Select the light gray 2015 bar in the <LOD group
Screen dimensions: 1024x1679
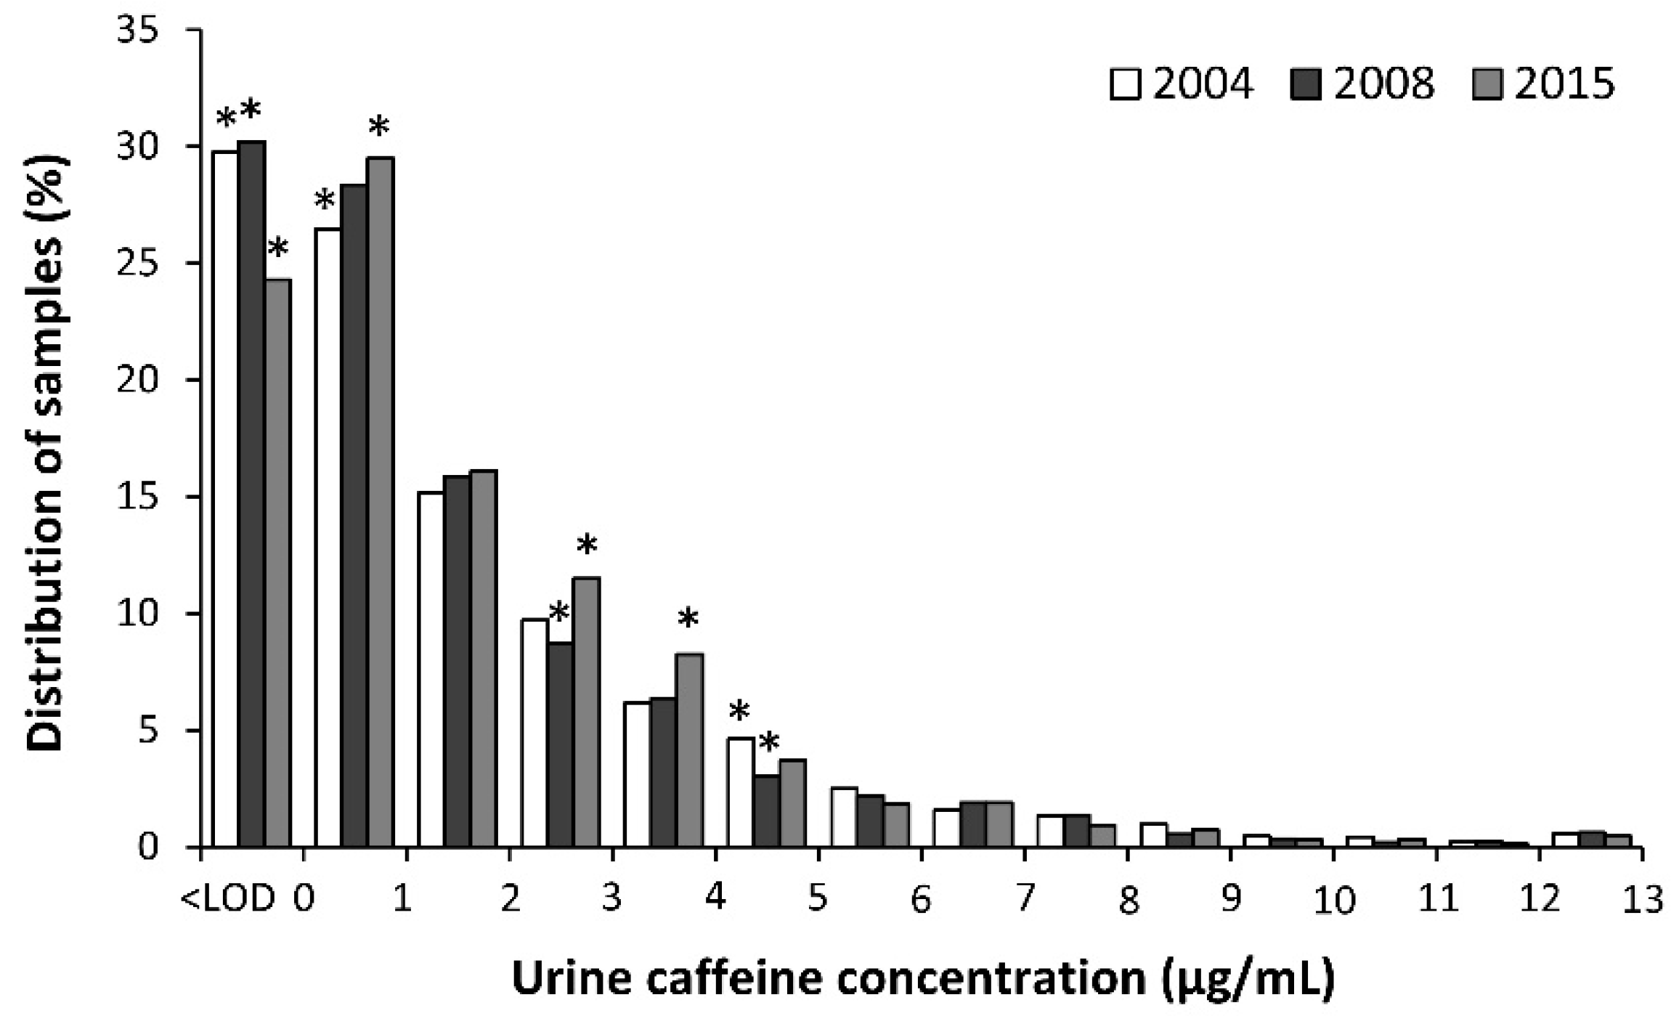pyautogui.click(x=278, y=563)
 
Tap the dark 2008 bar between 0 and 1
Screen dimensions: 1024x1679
pyautogui.click(x=354, y=516)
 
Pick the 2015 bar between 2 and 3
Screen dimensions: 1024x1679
pyautogui.click(x=587, y=712)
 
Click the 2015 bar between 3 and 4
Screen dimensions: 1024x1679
pyautogui.click(x=689, y=750)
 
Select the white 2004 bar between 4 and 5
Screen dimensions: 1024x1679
pyautogui.click(x=741, y=792)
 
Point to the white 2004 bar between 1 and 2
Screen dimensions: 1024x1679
pyautogui.click(x=431, y=669)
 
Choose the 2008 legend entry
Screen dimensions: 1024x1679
pyautogui.click(x=1364, y=84)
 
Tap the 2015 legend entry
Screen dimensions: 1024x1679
pyautogui.click(x=1543, y=84)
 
